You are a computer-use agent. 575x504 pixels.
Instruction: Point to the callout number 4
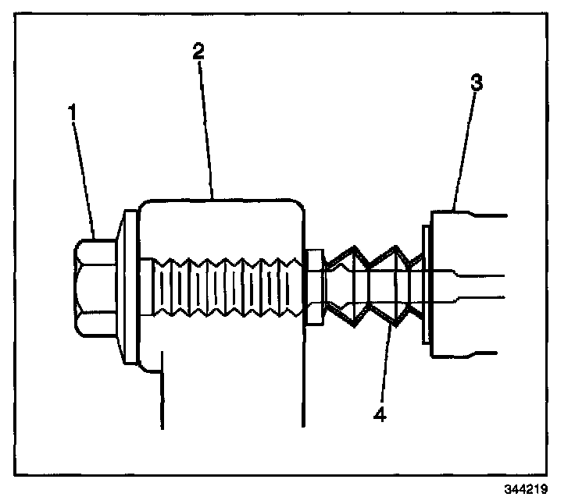tap(379, 414)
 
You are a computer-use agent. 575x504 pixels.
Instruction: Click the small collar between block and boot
tap(314, 287)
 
